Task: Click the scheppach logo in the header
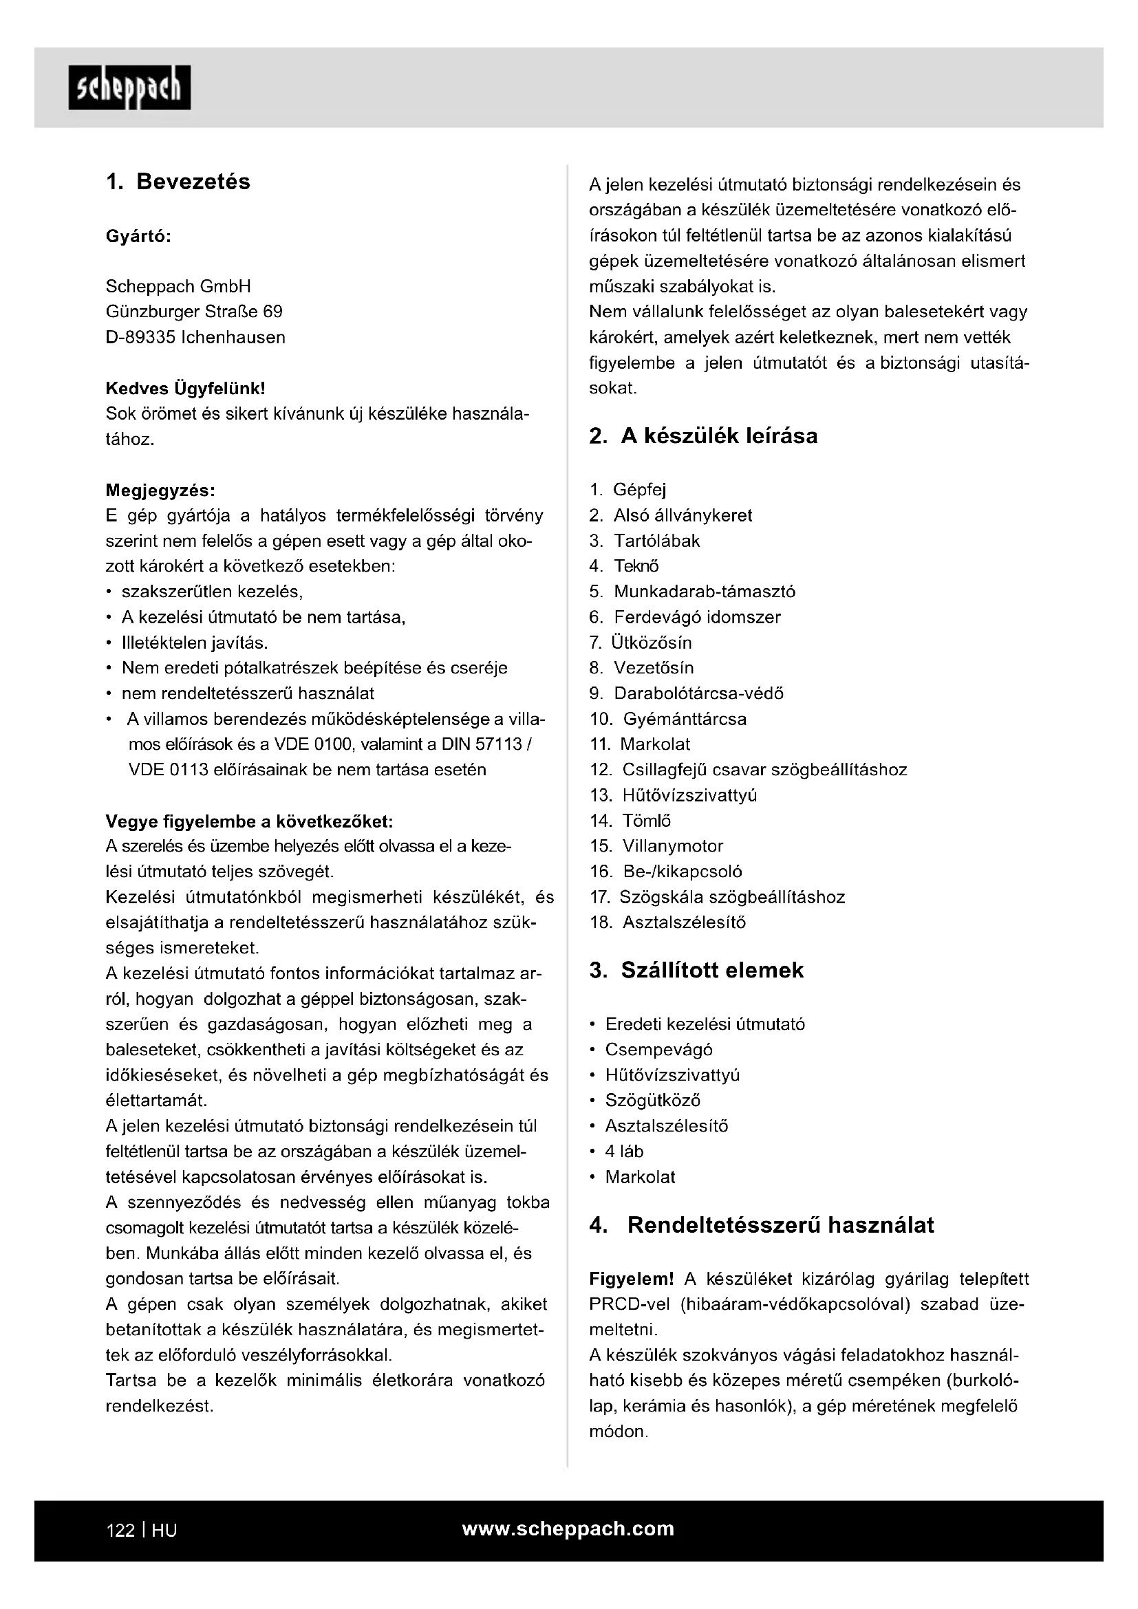point(129,87)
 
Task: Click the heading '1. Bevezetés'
point(178,182)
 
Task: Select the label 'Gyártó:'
point(139,236)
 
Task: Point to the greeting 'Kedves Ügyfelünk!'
point(185,388)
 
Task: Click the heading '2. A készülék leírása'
point(704,436)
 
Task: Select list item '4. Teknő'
point(624,565)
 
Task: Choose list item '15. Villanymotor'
point(656,846)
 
